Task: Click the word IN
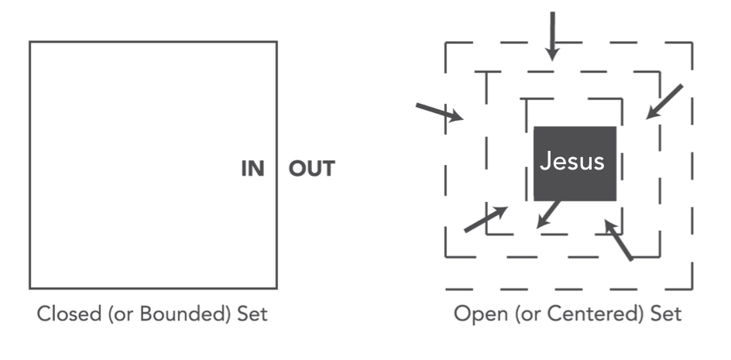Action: (252, 169)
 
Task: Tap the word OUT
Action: (312, 169)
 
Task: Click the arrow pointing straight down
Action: (551, 35)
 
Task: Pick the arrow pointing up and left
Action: (619, 240)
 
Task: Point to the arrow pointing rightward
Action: (439, 112)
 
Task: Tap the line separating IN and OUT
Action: (276, 169)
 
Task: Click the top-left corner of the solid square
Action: (30, 42)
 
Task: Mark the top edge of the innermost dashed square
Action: (573, 99)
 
